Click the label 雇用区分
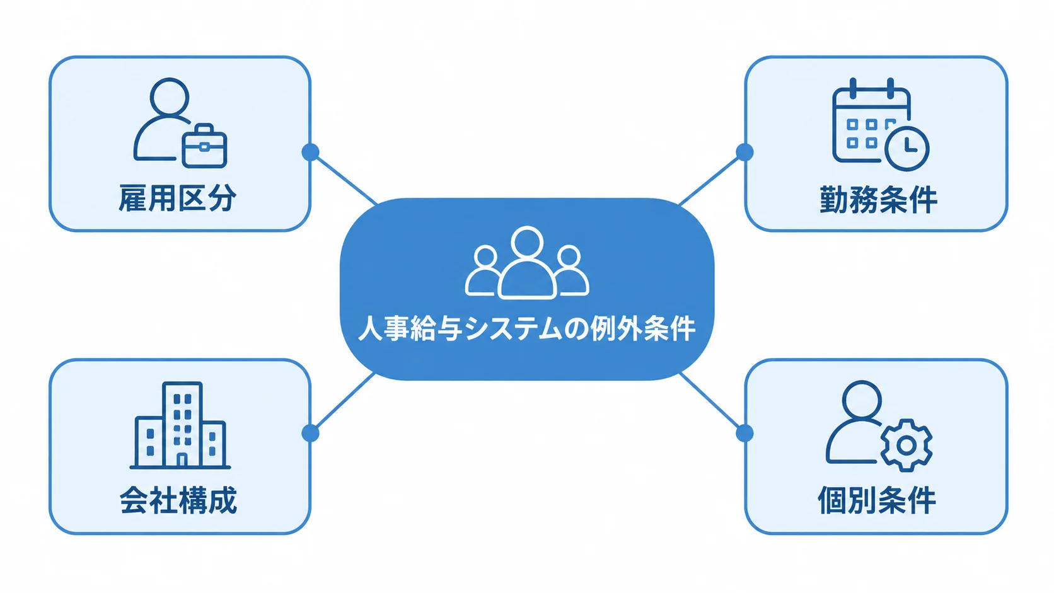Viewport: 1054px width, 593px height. (177, 198)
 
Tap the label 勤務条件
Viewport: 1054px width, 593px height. (879, 200)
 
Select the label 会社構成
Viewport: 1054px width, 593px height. (178, 500)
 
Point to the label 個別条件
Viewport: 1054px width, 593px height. (877, 500)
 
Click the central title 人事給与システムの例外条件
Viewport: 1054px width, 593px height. (527, 328)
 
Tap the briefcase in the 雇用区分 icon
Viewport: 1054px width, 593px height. (204, 146)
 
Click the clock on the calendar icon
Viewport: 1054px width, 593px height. (906, 149)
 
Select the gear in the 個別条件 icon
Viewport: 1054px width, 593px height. (906, 445)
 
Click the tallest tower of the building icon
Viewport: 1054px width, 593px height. (182, 424)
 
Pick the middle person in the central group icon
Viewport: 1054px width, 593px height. (527, 263)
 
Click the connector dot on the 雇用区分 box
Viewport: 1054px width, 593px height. (310, 152)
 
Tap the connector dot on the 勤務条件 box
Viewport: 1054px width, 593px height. (744, 152)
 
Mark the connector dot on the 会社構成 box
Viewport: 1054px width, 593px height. (310, 433)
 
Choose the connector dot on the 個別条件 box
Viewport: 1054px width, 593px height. (744, 433)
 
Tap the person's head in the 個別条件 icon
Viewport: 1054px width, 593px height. (862, 400)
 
